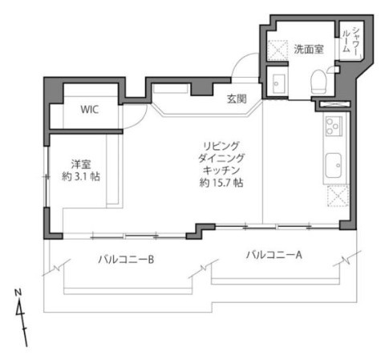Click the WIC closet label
click(88, 111)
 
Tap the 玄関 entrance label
click(236, 99)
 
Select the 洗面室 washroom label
click(307, 49)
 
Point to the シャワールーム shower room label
click(351, 38)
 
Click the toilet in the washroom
click(319, 80)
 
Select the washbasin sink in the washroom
click(278, 81)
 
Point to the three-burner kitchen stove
click(333, 126)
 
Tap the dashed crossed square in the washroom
click(278, 50)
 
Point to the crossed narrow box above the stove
click(333, 105)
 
